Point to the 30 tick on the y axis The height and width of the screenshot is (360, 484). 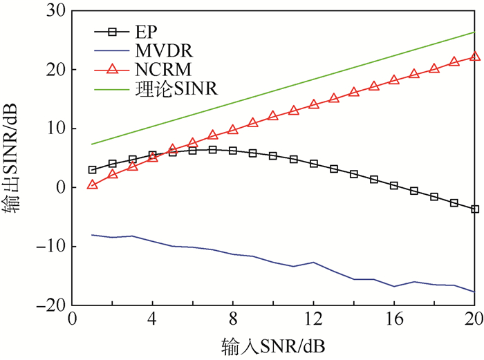tap(56, 12)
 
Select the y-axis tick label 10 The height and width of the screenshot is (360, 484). tap(56, 129)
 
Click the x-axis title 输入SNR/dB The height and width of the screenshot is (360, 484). tap(273, 345)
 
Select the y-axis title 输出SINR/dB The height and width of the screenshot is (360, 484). tap(14, 158)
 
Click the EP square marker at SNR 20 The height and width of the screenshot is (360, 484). tap(474, 209)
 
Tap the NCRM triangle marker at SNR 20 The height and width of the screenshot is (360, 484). tap(474, 57)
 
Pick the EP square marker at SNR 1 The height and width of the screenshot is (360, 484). tap(92, 169)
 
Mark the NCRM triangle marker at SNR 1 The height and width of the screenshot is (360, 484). tap(92, 184)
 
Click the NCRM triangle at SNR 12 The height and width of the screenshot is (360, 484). tap(313, 104)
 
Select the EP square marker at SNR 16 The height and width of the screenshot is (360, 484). tap(394, 185)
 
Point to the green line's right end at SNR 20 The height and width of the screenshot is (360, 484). tap(474, 32)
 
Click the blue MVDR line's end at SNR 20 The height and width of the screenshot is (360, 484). tap(474, 292)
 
